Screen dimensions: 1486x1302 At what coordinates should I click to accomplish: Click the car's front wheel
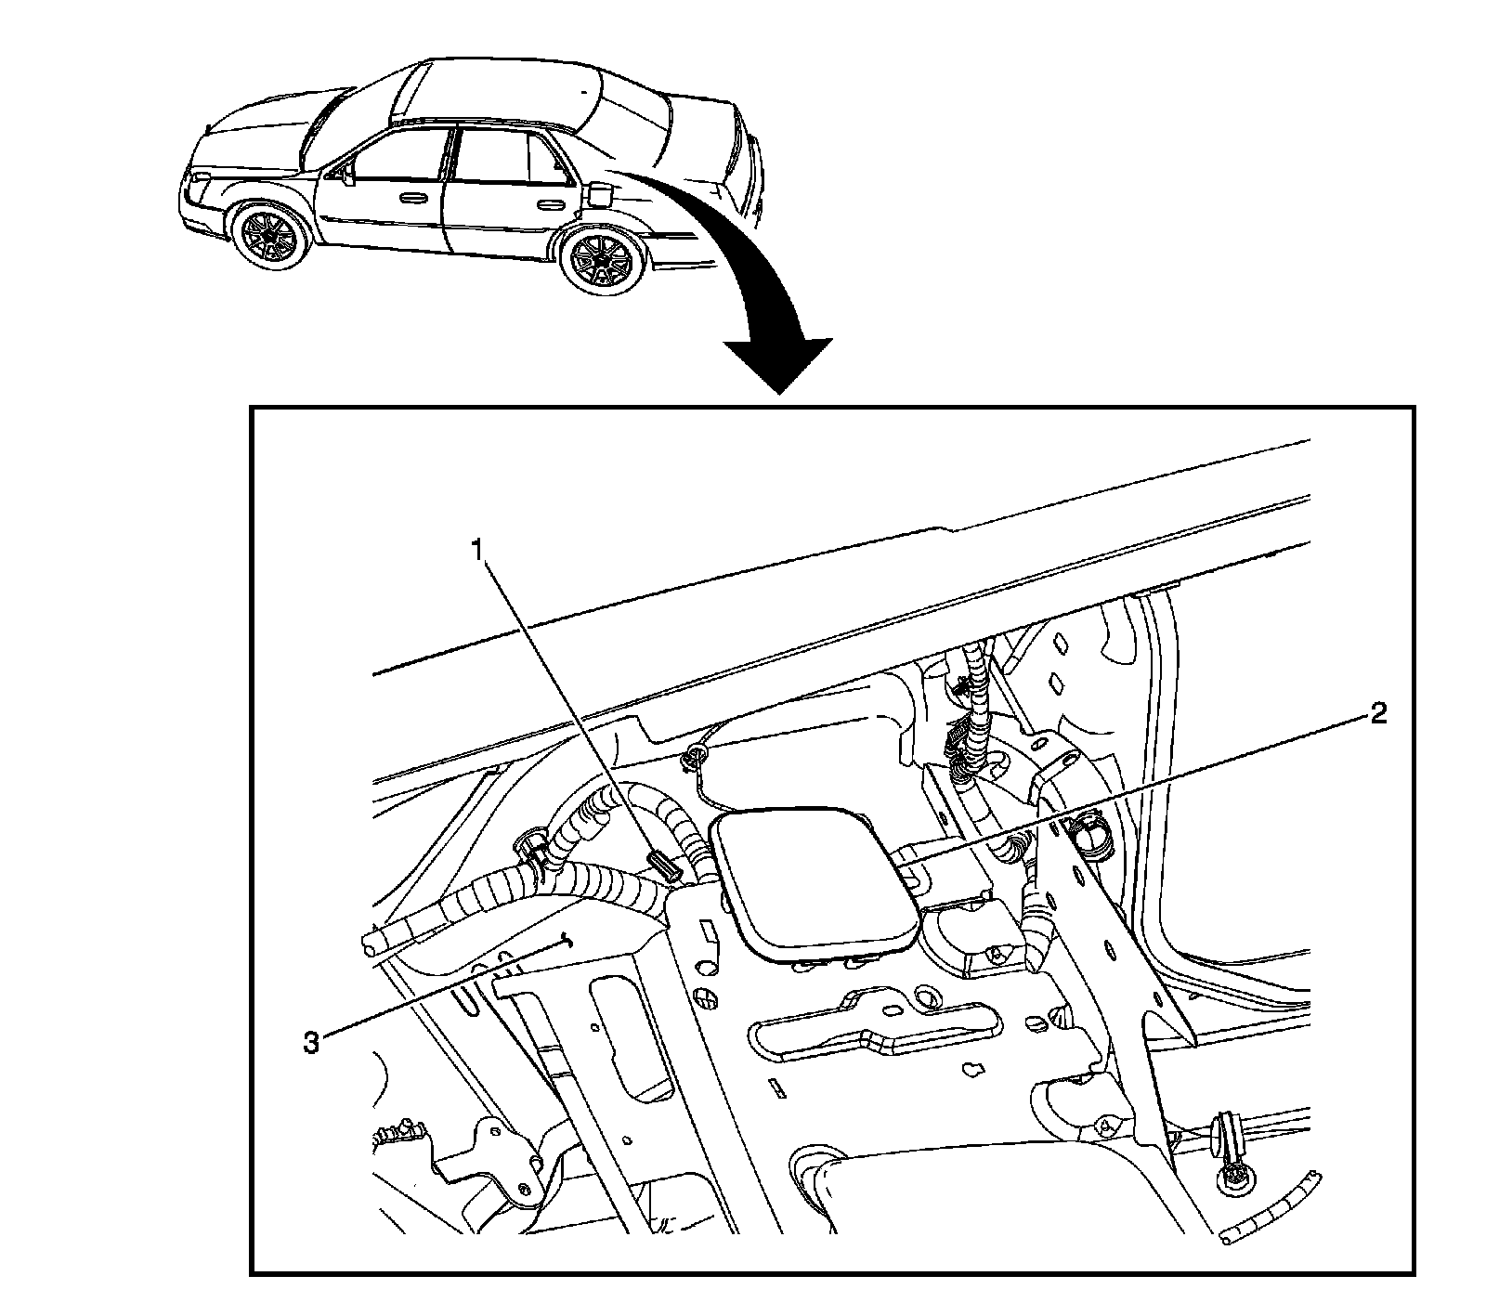tap(269, 238)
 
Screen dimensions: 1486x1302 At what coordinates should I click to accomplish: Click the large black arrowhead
tap(777, 365)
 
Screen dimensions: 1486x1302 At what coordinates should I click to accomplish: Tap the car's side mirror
tap(347, 175)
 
